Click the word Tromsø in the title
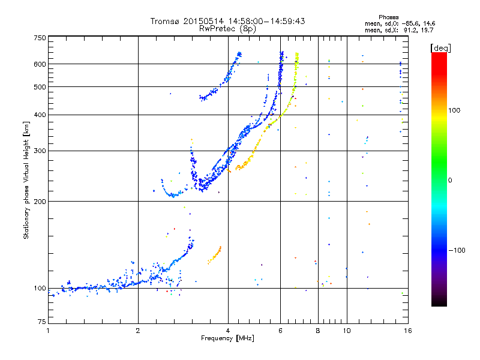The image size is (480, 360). pyautogui.click(x=164, y=22)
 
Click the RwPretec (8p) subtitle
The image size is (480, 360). pyautogui.click(x=228, y=28)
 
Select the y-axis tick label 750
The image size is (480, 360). pyautogui.click(x=40, y=38)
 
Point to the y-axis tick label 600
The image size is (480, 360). pyautogui.click(x=40, y=64)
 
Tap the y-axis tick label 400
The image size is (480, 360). pyautogui.click(x=40, y=115)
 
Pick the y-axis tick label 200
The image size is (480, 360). pyautogui.click(x=40, y=201)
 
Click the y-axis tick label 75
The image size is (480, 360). pyautogui.click(x=41, y=324)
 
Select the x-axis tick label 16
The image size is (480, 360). pyautogui.click(x=407, y=331)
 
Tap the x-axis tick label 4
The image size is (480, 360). pyautogui.click(x=228, y=331)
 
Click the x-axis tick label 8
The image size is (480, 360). pyautogui.click(x=318, y=331)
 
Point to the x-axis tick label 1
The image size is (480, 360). pyautogui.click(x=48, y=331)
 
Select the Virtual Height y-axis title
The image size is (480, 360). pyautogui.click(x=26, y=180)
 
